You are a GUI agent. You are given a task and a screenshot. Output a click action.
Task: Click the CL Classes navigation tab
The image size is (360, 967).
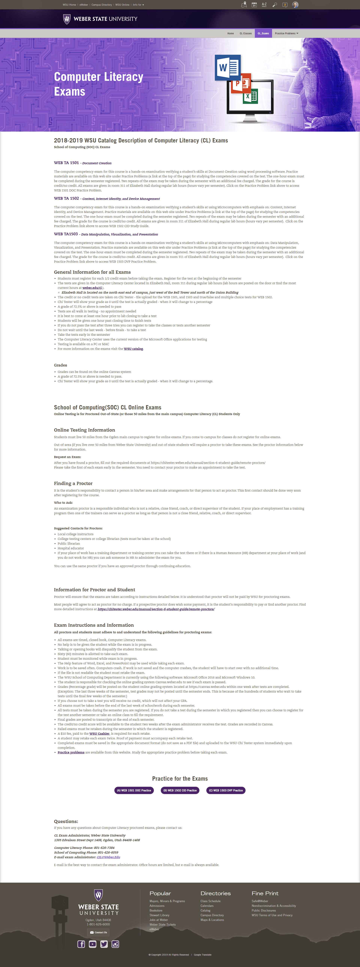click(x=245, y=33)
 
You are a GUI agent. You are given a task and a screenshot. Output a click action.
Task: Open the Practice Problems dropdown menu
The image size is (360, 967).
click(x=286, y=33)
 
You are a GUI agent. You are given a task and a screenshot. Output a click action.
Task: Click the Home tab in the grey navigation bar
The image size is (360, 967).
click(x=230, y=33)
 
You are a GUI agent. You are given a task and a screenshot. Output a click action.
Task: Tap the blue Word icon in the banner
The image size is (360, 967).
click(x=227, y=67)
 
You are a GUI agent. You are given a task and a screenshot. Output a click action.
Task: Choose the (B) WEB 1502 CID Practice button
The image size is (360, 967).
click(x=180, y=790)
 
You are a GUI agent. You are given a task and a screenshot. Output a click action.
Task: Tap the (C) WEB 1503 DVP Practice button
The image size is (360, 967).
click(x=226, y=790)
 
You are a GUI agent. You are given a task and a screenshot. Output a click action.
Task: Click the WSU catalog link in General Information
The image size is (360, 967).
click(x=133, y=349)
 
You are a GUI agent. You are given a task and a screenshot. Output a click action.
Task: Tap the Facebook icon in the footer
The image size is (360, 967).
click(x=81, y=944)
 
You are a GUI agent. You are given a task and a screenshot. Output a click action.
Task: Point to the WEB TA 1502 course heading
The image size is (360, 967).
click(x=66, y=198)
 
